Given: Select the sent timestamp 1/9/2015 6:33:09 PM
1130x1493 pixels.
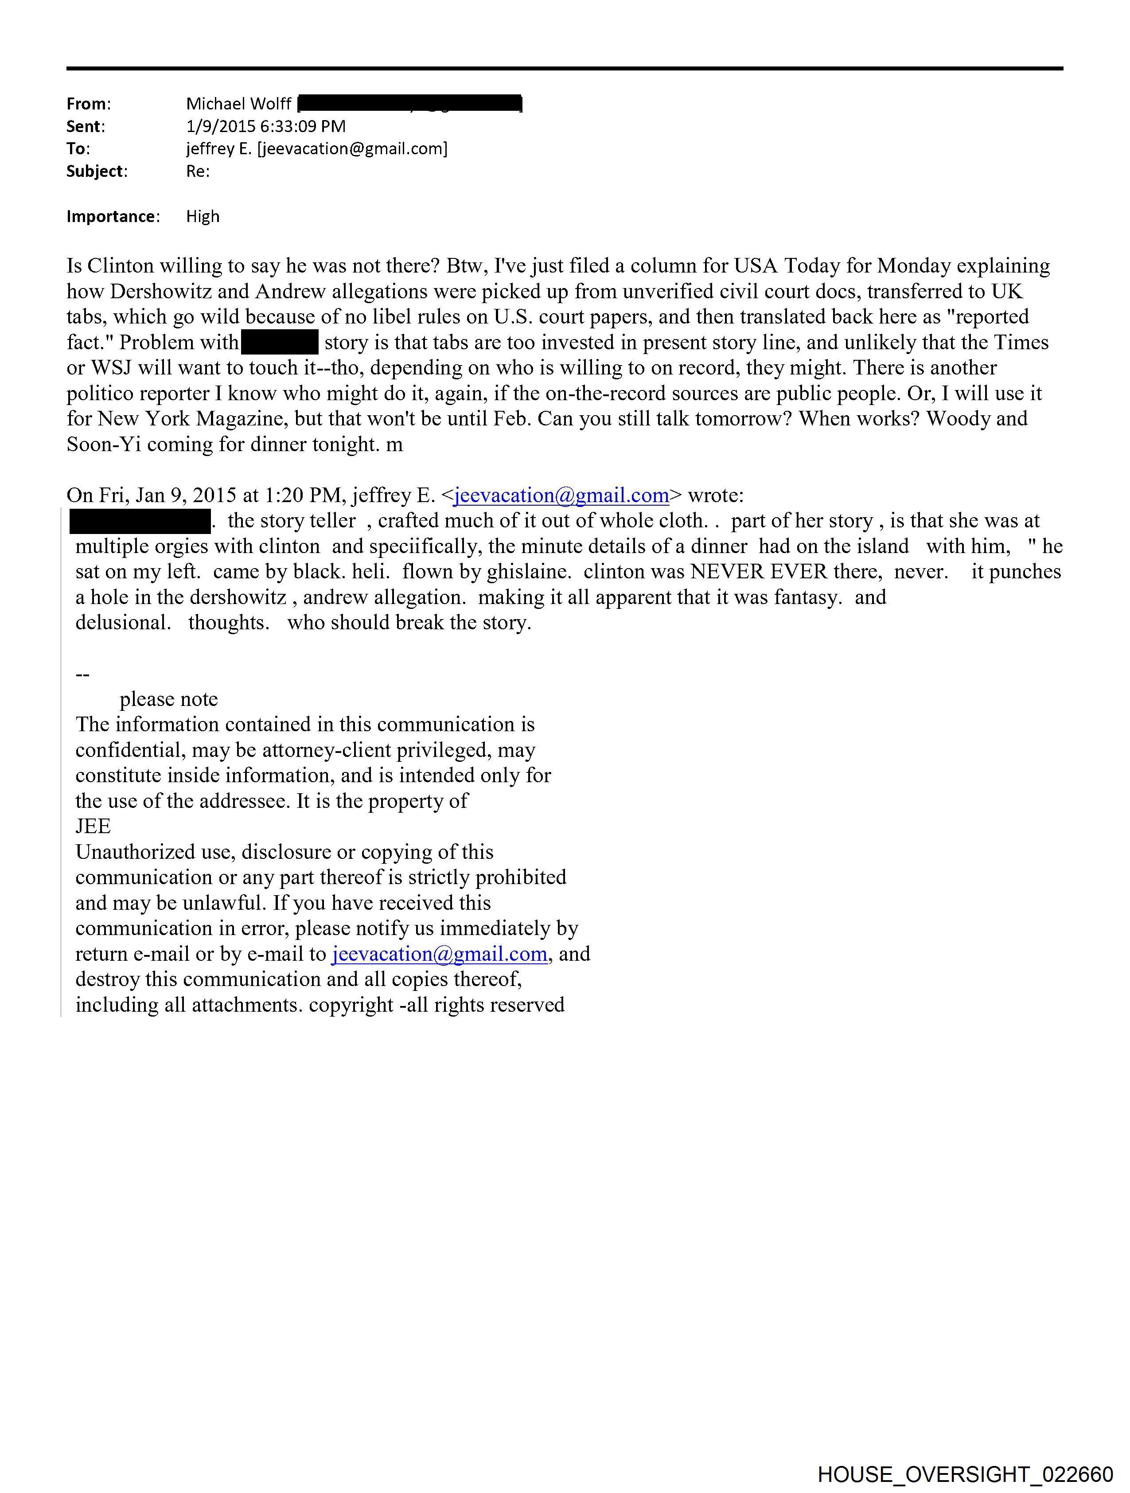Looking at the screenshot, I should pos(265,126).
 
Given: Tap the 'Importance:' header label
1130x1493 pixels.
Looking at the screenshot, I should pos(113,217).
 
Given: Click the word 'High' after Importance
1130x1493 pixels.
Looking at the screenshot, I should pos(203,217).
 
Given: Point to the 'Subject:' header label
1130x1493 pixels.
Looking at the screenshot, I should pos(97,172).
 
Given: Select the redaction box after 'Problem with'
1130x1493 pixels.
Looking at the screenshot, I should pos(280,342).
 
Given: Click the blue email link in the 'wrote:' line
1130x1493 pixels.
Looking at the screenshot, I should pos(561,495).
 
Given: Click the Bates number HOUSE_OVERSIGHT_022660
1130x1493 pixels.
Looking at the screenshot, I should pos(965,1474).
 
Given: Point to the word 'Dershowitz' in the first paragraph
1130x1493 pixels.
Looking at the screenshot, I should pos(159,292).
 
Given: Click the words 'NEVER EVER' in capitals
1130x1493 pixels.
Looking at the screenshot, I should pos(758,572).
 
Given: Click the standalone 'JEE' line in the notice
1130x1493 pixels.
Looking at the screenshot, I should pos(93,826).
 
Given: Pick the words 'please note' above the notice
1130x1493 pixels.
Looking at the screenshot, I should pos(169,699).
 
